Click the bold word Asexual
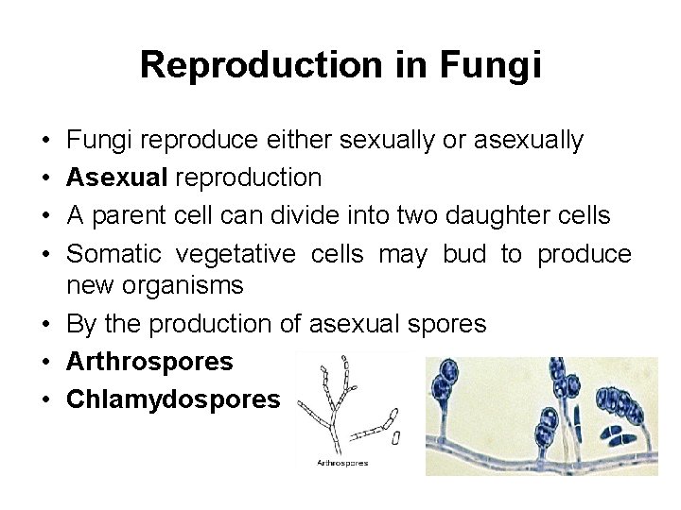click(x=118, y=178)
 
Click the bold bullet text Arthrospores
click(x=149, y=362)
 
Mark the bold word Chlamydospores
click(x=173, y=399)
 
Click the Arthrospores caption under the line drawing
click(x=342, y=463)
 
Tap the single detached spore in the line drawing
click(x=396, y=438)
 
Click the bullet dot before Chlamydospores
click(x=47, y=399)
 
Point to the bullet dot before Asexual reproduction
click(x=47, y=178)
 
